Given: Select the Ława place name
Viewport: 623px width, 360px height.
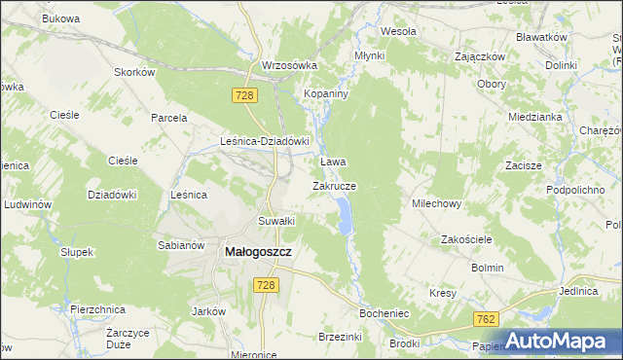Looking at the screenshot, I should coord(334,162).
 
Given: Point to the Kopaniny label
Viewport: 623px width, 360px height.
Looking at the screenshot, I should coord(327,92).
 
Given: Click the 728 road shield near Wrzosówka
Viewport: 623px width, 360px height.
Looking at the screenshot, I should coord(244,94).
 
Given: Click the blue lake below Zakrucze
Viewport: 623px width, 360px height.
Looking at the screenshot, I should coord(344,216).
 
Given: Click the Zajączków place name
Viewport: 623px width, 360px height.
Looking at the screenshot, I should coord(480,56).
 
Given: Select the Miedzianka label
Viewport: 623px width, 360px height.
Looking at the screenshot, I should coord(534,117).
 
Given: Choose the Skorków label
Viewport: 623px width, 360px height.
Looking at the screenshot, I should coord(134,73).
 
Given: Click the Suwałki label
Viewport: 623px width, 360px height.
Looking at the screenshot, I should coord(275,221).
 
